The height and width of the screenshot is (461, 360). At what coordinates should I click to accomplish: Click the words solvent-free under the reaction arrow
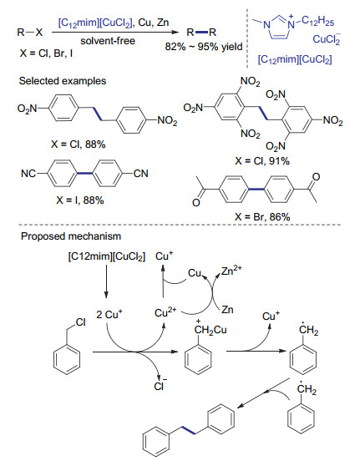(108, 41)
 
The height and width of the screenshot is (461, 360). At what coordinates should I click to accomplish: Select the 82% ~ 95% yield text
(204, 47)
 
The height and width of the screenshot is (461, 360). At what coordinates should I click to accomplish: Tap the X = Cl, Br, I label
(46, 53)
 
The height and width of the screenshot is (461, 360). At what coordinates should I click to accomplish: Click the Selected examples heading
(63, 81)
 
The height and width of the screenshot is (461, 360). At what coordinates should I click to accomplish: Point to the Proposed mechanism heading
(71, 236)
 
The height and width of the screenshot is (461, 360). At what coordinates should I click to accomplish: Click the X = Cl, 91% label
(262, 161)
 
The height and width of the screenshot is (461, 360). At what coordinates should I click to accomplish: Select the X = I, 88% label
(80, 200)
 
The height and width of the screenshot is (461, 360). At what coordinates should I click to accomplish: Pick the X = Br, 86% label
(262, 217)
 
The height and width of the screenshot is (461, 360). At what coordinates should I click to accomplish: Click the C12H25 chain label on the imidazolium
(317, 22)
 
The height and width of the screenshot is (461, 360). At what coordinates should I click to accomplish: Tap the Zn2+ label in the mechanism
(231, 271)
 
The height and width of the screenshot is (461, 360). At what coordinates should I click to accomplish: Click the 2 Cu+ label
(109, 314)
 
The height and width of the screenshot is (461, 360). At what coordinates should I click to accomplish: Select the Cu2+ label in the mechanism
(165, 312)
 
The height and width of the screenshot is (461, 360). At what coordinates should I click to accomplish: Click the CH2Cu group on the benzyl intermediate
(210, 329)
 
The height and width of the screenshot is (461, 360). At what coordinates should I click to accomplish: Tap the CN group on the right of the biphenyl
(141, 174)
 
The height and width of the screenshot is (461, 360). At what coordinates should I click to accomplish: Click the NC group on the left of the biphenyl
(28, 174)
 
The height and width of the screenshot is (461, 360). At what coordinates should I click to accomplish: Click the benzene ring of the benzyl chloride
(67, 359)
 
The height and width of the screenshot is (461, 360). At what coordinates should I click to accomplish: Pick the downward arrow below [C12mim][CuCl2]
(106, 281)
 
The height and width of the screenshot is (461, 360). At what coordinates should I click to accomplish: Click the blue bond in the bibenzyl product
(188, 429)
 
